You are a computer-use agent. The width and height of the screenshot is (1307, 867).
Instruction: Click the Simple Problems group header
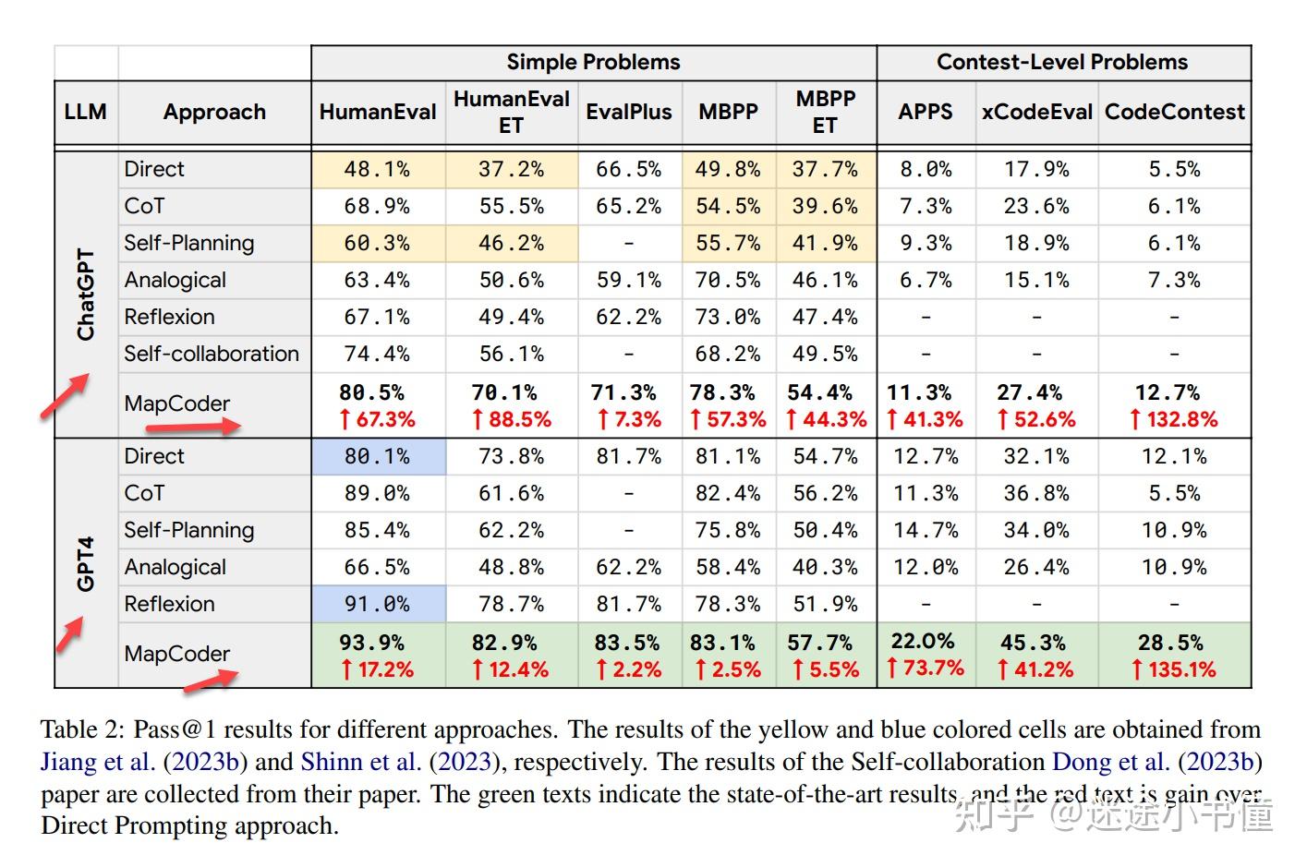pyautogui.click(x=593, y=62)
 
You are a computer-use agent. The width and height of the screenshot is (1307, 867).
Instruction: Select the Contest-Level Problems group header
pyautogui.click(x=1062, y=62)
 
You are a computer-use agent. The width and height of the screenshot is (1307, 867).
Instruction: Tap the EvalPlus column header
pyautogui.click(x=629, y=112)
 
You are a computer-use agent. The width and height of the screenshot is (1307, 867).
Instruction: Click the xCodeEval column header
pyautogui.click(x=1036, y=112)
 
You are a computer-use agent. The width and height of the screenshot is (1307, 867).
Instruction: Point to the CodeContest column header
pyautogui.click(x=1174, y=112)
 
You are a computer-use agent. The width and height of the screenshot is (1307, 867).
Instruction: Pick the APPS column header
pyautogui.click(x=925, y=112)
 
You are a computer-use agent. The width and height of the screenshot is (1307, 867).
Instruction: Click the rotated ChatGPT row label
pyautogui.click(x=86, y=294)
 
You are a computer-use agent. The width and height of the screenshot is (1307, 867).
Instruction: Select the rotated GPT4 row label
pyautogui.click(x=86, y=562)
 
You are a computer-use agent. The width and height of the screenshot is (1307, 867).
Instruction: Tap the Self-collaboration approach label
pyautogui.click(x=212, y=354)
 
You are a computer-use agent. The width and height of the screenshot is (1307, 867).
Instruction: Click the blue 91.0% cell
pyautogui.click(x=377, y=604)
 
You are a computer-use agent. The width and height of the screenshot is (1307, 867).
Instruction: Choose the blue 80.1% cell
pyautogui.click(x=377, y=456)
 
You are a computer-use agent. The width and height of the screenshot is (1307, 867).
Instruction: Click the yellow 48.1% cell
pyautogui.click(x=377, y=169)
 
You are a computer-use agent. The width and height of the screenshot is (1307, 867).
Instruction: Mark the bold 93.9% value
pyautogui.click(x=371, y=643)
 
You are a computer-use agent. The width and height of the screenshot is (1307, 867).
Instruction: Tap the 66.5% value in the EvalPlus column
pyautogui.click(x=628, y=169)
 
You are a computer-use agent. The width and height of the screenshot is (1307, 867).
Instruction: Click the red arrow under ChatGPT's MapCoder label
pyautogui.click(x=206, y=427)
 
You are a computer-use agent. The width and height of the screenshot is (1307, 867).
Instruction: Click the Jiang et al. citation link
pyautogui.click(x=98, y=762)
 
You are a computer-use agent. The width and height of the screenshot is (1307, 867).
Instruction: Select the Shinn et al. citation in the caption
pyautogui.click(x=360, y=762)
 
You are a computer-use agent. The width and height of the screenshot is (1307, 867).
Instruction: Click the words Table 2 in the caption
pyautogui.click(x=80, y=729)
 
